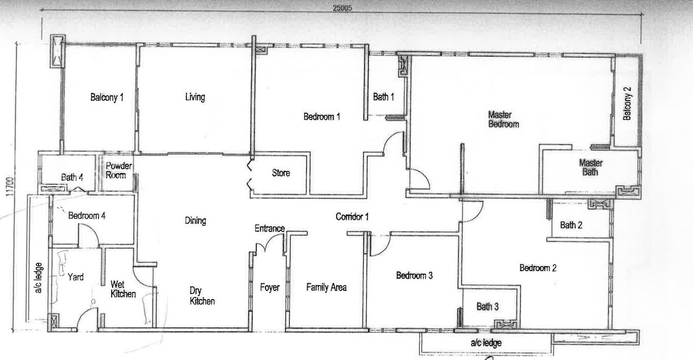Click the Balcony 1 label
(107, 97)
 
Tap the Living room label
(195, 97)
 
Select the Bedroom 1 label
(322, 117)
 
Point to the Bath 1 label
(384, 97)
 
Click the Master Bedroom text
(503, 119)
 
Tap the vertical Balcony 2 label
(627, 104)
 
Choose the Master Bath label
(590, 168)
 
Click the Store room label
(281, 173)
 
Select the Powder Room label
(118, 171)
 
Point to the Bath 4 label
(72, 177)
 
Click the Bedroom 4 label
(87, 215)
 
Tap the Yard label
(76, 277)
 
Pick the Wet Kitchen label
(123, 289)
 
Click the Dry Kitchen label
(202, 296)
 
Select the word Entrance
(270, 228)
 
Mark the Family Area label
(326, 287)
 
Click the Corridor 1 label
(352, 217)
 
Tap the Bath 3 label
(487, 307)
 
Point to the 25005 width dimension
(342, 8)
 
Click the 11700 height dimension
(10, 187)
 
